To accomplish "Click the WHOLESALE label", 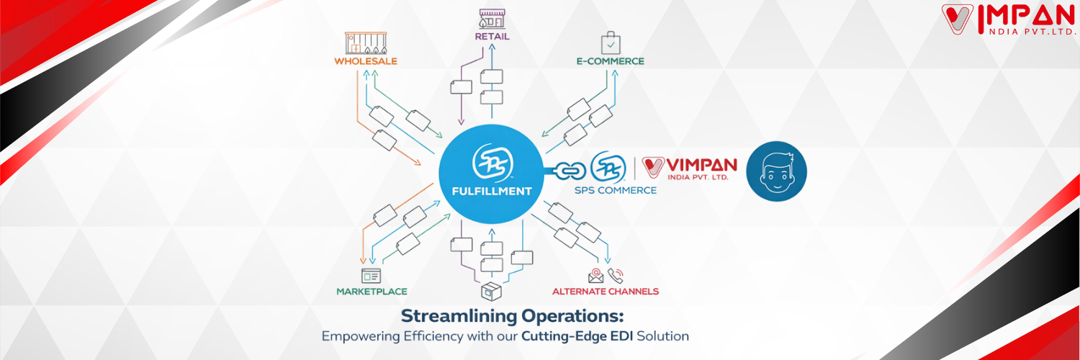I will tap(365, 61).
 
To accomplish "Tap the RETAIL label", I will tap(492, 36).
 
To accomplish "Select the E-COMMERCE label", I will tap(610, 61).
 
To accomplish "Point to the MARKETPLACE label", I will tap(372, 292).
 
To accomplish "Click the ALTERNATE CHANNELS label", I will tap(605, 292).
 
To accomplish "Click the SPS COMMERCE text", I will tap(616, 190).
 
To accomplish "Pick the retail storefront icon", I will tap(492, 18).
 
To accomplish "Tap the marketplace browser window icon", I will tap(371, 275).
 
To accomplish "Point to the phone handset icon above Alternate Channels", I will tap(616, 275).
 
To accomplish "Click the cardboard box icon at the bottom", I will tap(491, 292).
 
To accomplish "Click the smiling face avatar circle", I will tap(776, 171).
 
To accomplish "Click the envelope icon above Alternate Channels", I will tap(595, 275).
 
